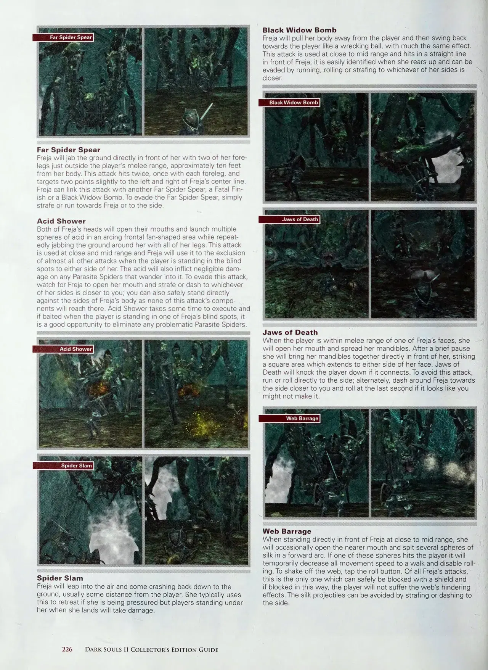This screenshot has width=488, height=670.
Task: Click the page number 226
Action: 67,649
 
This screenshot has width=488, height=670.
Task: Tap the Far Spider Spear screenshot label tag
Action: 63,37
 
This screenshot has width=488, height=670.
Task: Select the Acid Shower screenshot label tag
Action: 63,349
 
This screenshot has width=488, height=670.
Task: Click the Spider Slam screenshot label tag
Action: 63,465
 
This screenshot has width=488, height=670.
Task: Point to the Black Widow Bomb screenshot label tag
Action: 289,103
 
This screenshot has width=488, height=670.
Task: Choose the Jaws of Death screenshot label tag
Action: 289,219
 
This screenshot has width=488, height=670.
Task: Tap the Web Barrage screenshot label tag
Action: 289,419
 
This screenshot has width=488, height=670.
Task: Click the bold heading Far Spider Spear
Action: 69,150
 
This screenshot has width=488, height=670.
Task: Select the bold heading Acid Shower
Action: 61,221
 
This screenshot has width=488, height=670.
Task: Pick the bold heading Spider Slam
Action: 60,578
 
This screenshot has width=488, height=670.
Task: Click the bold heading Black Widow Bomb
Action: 300,30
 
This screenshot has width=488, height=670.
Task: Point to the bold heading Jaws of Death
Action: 290,332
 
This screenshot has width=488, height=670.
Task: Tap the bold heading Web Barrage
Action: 287,531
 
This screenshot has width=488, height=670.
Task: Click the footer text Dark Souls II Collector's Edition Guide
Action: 152,650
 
